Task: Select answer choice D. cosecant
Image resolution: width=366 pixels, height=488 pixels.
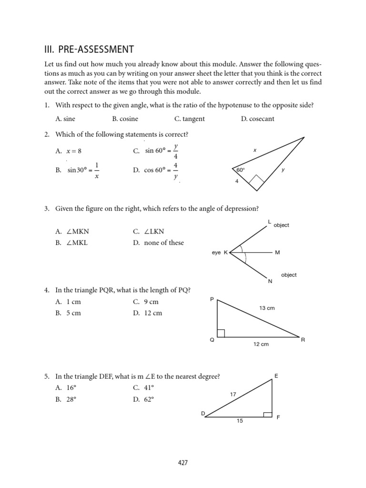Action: (x=257, y=119)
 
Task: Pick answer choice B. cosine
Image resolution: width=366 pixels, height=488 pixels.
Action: (x=125, y=119)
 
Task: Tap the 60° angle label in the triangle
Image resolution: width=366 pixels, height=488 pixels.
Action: (x=240, y=170)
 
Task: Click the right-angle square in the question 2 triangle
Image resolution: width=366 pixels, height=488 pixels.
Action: (x=256, y=181)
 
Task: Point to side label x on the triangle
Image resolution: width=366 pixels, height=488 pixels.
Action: (x=255, y=150)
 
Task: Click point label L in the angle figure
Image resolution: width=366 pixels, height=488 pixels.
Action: (x=269, y=222)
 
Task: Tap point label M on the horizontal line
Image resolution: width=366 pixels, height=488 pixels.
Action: (x=278, y=253)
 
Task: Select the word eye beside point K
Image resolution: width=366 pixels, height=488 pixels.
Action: (x=216, y=253)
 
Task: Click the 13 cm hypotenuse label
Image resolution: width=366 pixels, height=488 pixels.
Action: (x=267, y=308)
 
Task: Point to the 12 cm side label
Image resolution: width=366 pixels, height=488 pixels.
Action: (x=261, y=344)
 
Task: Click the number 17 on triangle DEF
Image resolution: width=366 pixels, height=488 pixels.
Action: (x=233, y=394)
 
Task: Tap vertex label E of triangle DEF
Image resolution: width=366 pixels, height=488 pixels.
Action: (x=276, y=376)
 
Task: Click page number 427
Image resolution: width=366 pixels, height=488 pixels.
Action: (x=183, y=462)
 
